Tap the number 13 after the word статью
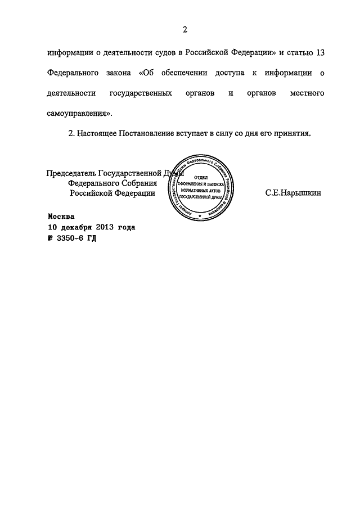click(x=319, y=52)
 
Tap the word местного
click(x=304, y=93)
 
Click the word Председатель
click(x=71, y=173)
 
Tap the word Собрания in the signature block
click(x=138, y=183)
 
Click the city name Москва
click(x=61, y=215)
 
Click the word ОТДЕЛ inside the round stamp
click(x=200, y=177)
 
